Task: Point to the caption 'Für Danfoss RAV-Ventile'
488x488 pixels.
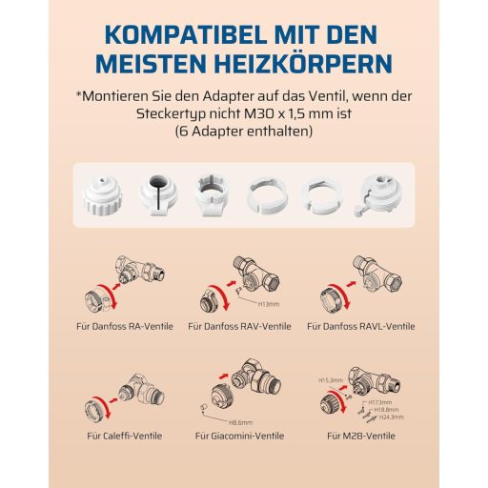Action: [239, 326]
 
